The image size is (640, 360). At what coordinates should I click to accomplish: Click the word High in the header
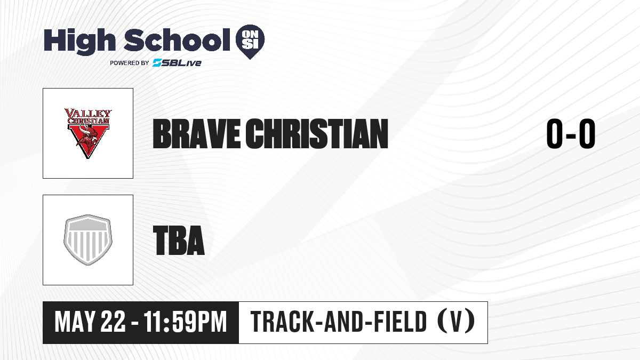click(80, 41)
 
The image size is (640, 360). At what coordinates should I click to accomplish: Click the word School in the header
click(177, 40)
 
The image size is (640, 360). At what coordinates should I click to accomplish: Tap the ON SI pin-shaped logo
click(250, 42)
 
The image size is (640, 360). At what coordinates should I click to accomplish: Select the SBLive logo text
click(177, 63)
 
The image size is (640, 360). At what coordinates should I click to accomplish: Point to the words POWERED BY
click(130, 63)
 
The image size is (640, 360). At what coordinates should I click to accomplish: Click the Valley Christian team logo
click(88, 133)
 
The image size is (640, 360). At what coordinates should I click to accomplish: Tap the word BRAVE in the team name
click(197, 134)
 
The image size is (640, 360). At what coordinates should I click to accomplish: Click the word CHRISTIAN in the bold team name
click(317, 134)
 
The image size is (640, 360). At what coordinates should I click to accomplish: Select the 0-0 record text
click(571, 134)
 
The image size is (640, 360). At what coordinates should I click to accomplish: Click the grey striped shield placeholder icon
click(88, 240)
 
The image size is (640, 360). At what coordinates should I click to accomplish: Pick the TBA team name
click(179, 241)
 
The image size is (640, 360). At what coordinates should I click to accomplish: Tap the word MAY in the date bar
click(74, 322)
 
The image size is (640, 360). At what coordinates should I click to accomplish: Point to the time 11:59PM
click(185, 322)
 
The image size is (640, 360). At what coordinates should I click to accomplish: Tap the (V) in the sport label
click(456, 321)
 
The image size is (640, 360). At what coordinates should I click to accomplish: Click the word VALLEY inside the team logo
click(88, 113)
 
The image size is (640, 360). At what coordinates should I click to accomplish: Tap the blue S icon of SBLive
click(157, 62)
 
